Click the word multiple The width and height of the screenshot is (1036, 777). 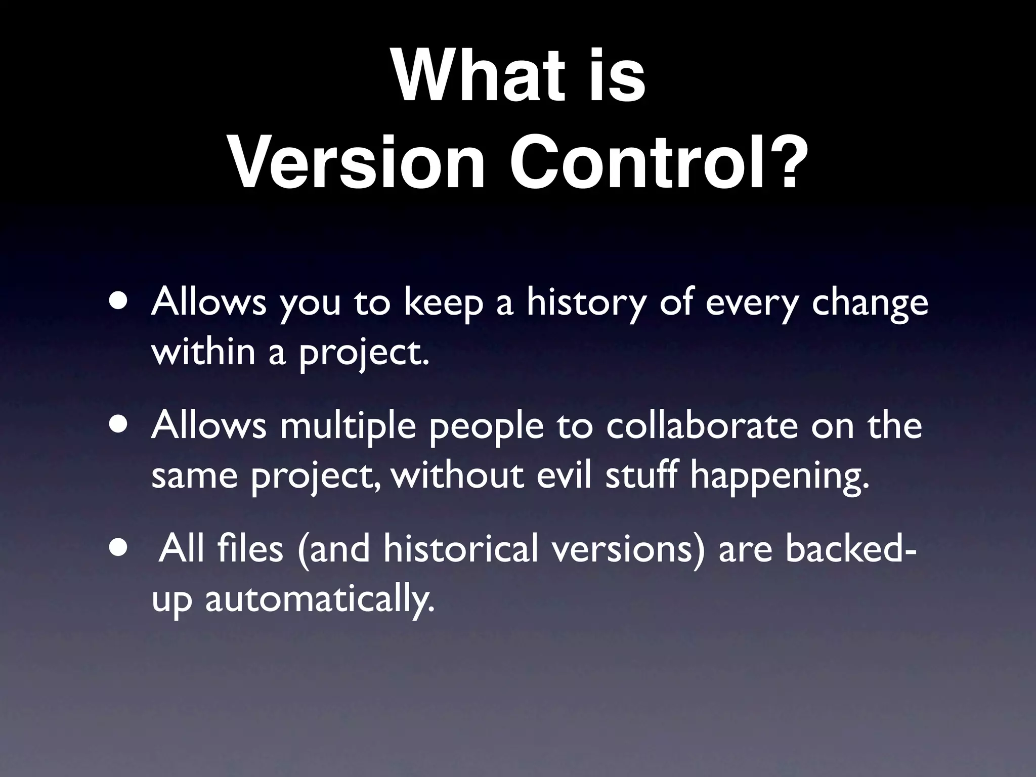pos(348,426)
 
